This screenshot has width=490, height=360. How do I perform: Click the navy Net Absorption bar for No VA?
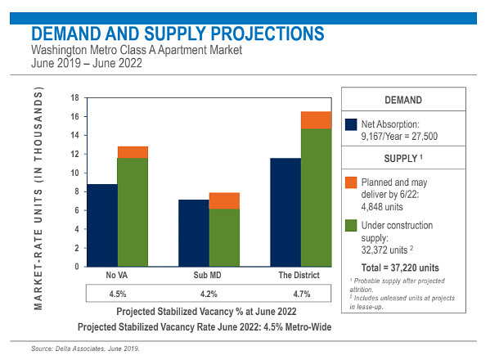[x=102, y=225]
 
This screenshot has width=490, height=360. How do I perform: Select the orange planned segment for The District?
[x=316, y=120]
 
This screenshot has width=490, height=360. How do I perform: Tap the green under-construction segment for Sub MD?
[x=224, y=237]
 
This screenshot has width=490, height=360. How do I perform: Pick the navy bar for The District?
[x=285, y=213]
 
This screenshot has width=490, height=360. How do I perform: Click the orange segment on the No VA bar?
[x=133, y=152]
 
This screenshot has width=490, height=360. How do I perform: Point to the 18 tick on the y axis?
[x=75, y=98]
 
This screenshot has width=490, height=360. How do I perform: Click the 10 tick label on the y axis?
[x=75, y=173]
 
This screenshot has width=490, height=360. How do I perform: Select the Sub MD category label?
[x=207, y=275]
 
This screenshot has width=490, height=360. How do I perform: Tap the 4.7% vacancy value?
[x=302, y=294]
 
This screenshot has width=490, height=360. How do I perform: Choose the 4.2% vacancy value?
[x=209, y=294]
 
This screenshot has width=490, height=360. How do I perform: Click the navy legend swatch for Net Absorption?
[x=351, y=124]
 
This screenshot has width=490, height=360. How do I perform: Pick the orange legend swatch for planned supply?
[x=351, y=182]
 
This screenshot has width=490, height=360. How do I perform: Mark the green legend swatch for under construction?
[x=351, y=225]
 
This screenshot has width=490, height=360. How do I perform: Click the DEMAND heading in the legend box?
[x=403, y=100]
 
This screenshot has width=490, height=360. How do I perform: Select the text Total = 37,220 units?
[x=400, y=268]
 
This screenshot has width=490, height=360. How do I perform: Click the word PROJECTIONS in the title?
[x=267, y=34]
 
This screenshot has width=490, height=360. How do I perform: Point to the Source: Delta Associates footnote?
[x=85, y=349]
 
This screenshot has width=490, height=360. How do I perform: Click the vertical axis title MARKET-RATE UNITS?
[x=38, y=199]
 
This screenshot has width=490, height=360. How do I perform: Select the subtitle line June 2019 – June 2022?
[x=87, y=63]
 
